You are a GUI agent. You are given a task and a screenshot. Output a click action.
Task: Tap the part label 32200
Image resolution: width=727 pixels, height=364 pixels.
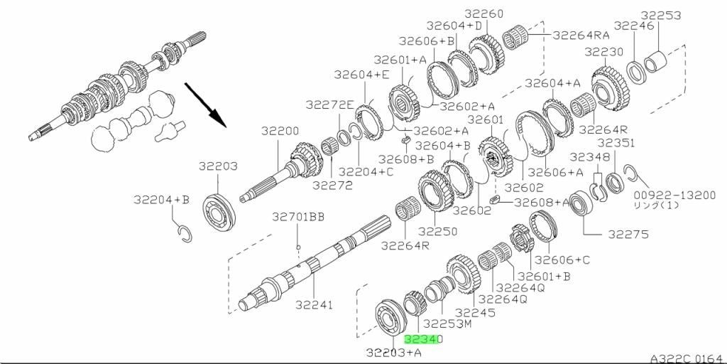(280, 132)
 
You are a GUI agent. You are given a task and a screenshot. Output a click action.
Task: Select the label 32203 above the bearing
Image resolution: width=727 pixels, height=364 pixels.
(218, 166)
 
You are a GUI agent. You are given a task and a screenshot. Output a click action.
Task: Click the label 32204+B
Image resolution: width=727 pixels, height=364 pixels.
(162, 200)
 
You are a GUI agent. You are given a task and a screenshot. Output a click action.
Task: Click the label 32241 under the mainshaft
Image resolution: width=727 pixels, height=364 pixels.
(315, 305)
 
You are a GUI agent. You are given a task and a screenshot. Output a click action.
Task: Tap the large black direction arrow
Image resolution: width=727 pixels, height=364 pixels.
(205, 105)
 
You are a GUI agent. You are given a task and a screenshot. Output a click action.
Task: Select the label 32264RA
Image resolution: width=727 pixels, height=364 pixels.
(581, 35)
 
